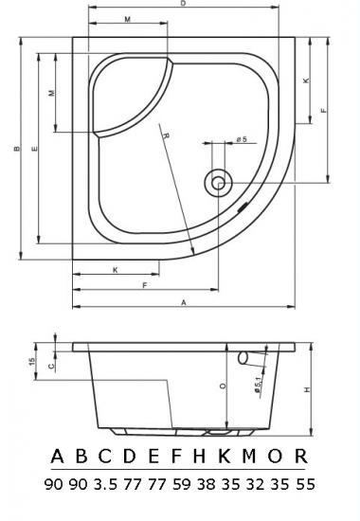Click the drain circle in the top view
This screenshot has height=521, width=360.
click(218, 183)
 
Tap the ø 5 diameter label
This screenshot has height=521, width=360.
click(242, 139)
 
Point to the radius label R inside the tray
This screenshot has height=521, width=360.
click(166, 135)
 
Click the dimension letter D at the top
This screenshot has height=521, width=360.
click(183, 4)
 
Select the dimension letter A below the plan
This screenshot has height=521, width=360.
click(184, 303)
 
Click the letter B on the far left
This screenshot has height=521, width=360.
click(17, 149)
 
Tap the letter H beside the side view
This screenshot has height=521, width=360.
click(308, 389)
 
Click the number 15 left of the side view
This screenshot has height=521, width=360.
click(32, 361)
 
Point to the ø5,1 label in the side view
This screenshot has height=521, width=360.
click(259, 385)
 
